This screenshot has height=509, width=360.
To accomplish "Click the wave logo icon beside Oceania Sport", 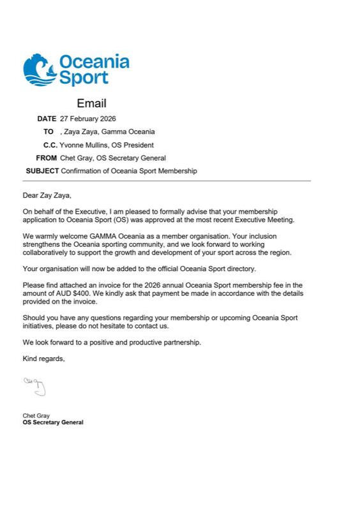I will click(39, 70).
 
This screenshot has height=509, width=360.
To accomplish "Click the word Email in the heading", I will click(91, 103).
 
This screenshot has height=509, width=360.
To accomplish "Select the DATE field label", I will click(47, 119).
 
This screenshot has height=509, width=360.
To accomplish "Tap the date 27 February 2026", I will click(88, 119).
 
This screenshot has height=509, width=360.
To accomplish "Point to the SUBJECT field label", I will click(42, 171).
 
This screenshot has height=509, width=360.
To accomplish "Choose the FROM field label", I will click(47, 158).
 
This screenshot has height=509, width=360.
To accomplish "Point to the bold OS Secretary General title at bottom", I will click(53, 422).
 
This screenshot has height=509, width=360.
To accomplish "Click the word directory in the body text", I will click(242, 269).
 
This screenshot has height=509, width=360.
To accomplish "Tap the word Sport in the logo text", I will click(84, 78).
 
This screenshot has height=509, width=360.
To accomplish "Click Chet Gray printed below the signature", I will click(36, 415).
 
